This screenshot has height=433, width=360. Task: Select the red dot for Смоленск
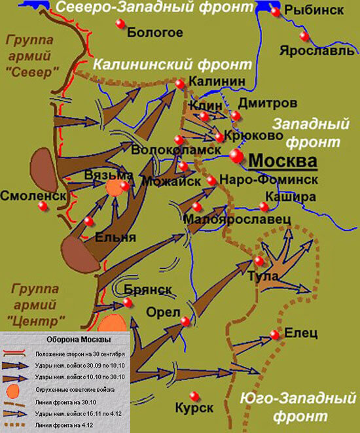[43, 205]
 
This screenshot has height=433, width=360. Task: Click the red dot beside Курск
[194, 395]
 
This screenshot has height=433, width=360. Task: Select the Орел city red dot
[185, 321]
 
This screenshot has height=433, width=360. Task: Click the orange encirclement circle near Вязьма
[115, 187]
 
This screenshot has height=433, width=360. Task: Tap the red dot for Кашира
[264, 207]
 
